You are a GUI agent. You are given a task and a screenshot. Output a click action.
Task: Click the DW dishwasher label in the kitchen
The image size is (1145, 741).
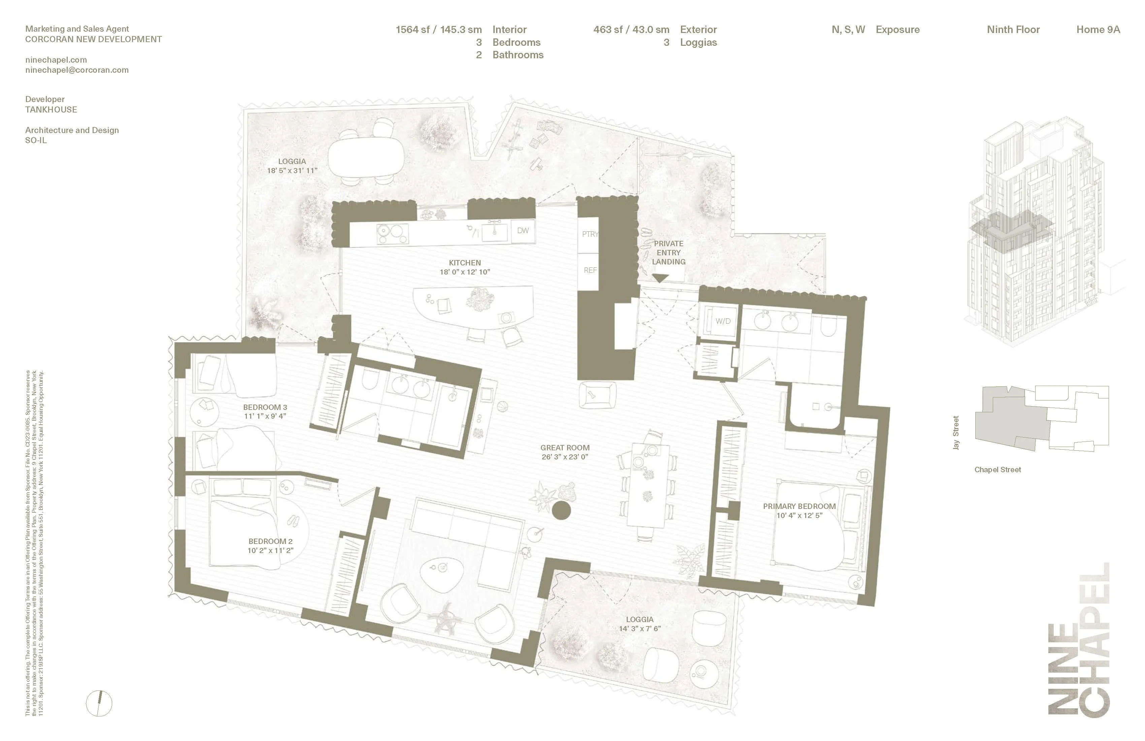click(x=523, y=230)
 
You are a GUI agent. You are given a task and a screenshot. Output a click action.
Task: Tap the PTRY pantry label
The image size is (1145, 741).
click(x=590, y=234)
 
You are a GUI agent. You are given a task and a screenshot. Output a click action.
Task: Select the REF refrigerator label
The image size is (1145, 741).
click(x=590, y=270)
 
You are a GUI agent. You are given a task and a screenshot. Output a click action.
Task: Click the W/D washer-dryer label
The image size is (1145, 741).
click(x=723, y=321)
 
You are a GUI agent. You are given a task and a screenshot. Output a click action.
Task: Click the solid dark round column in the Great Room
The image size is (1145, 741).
click(x=561, y=510)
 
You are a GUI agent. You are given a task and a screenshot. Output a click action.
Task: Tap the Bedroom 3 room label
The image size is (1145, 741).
click(x=265, y=408)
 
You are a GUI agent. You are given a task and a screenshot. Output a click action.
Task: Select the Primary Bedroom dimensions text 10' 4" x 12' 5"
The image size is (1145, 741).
click(x=799, y=515)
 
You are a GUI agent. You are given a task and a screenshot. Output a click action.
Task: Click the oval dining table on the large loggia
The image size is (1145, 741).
click(x=367, y=156)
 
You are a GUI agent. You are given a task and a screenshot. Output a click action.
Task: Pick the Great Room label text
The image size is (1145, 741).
click(x=565, y=448)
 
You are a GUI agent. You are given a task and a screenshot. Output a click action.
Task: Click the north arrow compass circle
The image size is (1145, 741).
click(x=99, y=704)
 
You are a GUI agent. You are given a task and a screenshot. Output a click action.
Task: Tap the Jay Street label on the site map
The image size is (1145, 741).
click(x=956, y=433)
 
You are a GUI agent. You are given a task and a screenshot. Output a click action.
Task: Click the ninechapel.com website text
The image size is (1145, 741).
click(x=56, y=60)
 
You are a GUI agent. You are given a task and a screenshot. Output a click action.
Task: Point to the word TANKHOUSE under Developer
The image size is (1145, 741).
click(x=51, y=110)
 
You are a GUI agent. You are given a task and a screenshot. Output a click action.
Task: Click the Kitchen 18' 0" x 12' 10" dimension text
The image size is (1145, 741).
click(x=465, y=272)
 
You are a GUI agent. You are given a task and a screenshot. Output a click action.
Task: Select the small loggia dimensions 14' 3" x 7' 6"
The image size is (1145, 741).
click(x=640, y=629)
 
